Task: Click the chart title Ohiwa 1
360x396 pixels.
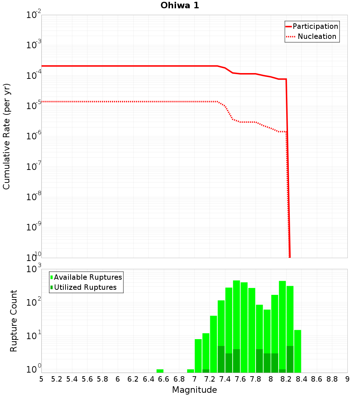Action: click(180, 5)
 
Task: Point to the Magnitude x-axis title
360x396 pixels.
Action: click(194, 390)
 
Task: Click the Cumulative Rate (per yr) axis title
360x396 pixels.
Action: click(6, 136)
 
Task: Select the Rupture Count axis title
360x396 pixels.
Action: click(14, 321)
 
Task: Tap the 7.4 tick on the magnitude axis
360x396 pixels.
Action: click(225, 379)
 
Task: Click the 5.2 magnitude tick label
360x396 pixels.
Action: click(57, 379)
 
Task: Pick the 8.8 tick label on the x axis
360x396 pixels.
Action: click(332, 379)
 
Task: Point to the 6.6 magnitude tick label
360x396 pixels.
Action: click(164, 379)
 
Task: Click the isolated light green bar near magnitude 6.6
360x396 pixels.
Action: click(160, 371)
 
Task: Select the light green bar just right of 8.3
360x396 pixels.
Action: click(297, 351)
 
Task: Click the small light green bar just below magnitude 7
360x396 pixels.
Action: click(190, 371)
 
